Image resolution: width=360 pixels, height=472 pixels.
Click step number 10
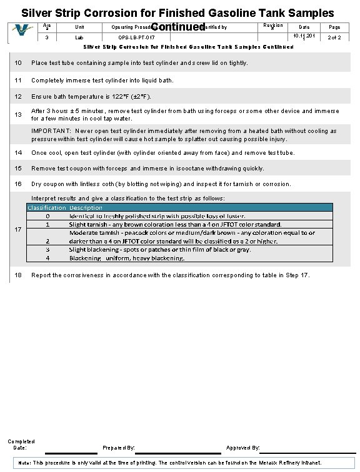pos(18,63)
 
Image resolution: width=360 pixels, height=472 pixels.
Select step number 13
pos(18,114)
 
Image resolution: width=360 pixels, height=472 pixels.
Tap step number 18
pos(18,275)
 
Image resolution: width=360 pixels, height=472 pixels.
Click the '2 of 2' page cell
pos(334,38)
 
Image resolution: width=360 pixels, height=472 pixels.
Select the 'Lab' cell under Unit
pos(79,38)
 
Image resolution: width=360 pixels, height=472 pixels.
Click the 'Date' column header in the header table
pos(304,27)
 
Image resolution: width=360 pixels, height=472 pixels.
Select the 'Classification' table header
pos(46,207)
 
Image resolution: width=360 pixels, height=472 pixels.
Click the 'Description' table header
pos(86,207)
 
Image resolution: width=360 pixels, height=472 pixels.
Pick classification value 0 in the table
pos(48,215)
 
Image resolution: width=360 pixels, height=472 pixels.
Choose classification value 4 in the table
pos(48,258)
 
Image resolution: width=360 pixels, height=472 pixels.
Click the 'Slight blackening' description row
pos(159,249)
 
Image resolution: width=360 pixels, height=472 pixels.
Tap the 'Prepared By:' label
pos(118,448)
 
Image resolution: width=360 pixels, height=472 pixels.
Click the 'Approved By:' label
pos(242,448)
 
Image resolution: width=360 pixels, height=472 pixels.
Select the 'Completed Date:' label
pos(21,445)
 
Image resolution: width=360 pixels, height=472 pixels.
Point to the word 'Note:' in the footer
pos(26,463)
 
